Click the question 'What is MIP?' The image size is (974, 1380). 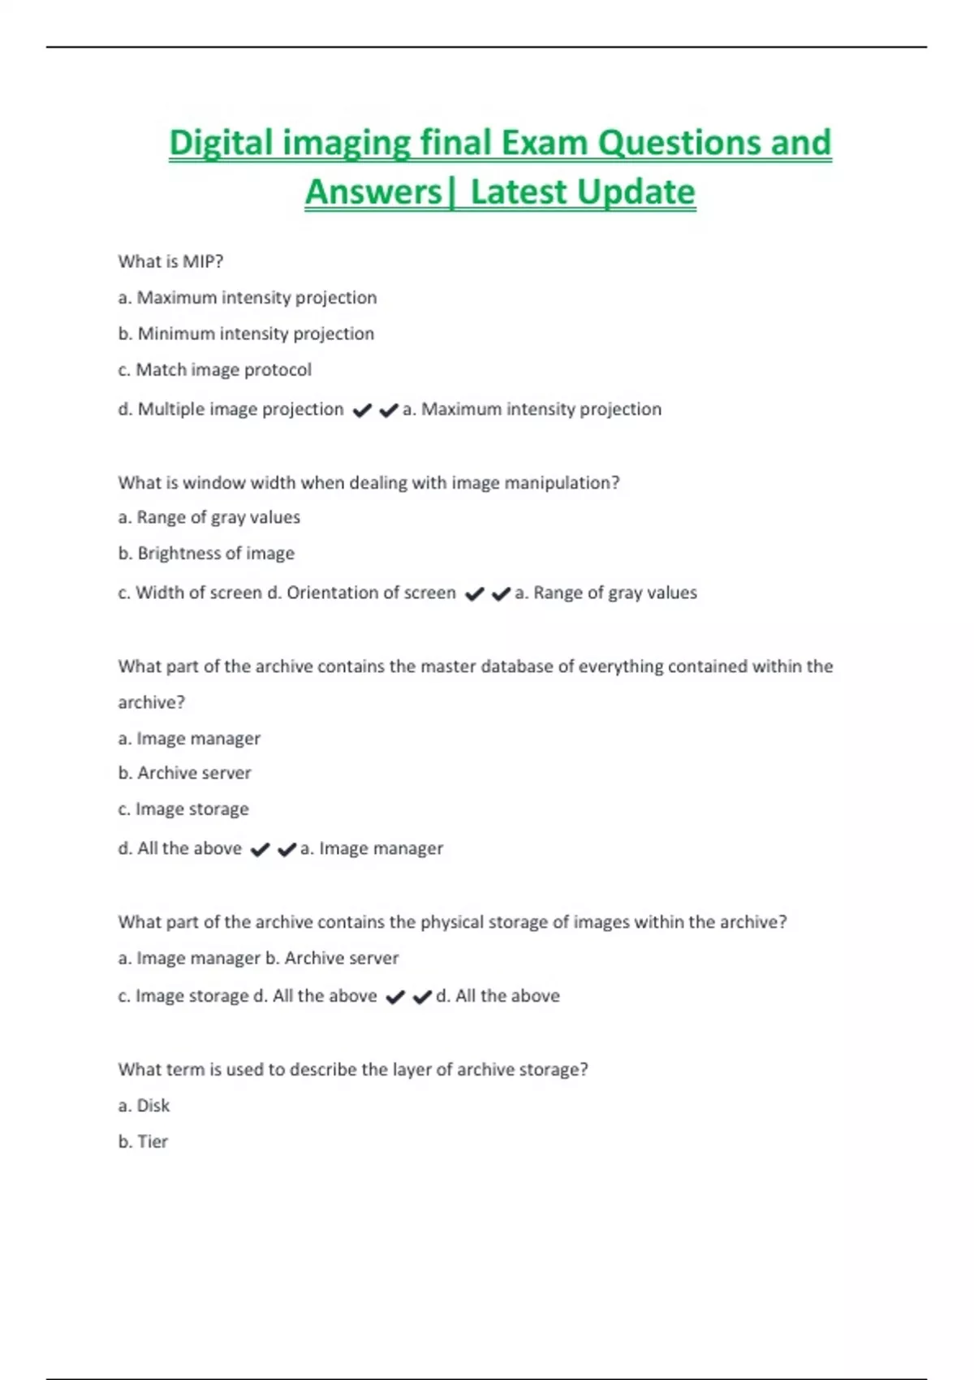[170, 261]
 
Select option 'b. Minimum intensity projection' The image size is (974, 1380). [246, 334]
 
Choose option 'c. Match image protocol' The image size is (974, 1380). [214, 370]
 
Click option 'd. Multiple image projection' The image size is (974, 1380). [231, 409]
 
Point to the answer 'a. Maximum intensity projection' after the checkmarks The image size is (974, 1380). [532, 409]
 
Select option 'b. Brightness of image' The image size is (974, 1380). [206, 554]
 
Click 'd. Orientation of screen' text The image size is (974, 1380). [361, 593]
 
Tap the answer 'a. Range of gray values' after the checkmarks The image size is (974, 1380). [606, 593]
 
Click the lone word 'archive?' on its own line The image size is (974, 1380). [151, 702]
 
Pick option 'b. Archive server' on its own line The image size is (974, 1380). [184, 773]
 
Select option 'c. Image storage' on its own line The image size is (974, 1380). [183, 809]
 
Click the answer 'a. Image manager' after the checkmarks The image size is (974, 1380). [372, 848]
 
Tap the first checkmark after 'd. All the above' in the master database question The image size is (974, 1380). [260, 849]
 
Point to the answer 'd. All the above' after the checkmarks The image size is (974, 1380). [498, 996]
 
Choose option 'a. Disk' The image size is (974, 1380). [144, 1106]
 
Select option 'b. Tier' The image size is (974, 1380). [143, 1142]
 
